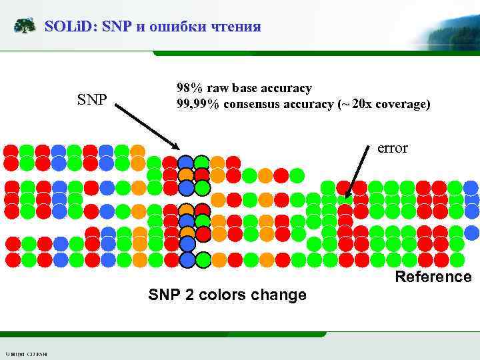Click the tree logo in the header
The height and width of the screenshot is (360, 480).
(25, 26)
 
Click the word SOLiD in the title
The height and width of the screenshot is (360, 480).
(68, 27)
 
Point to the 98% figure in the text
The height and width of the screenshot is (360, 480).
(190, 88)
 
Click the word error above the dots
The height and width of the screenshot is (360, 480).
(392, 148)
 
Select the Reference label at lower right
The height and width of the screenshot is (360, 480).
(433, 277)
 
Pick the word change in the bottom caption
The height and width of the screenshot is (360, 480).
(281, 295)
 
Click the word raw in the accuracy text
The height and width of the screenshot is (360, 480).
(218, 88)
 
